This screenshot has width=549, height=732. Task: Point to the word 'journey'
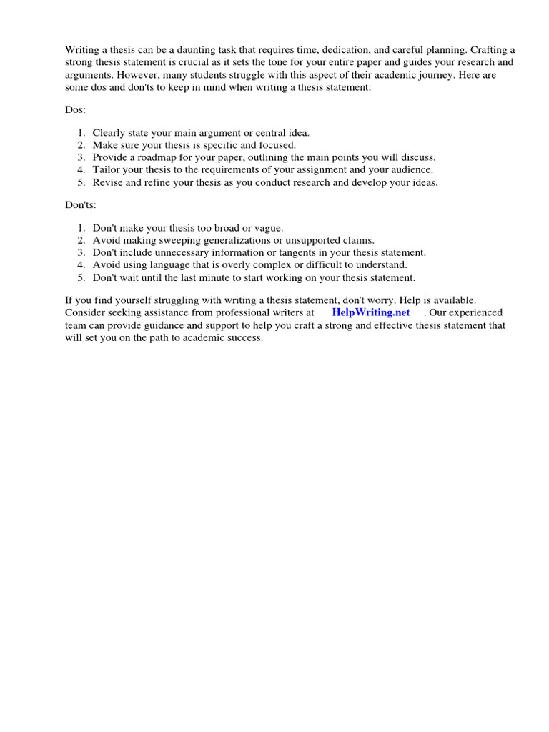click(x=445, y=74)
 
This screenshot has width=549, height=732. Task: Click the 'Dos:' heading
click(x=76, y=110)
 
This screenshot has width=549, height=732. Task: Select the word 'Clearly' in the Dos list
click(x=109, y=133)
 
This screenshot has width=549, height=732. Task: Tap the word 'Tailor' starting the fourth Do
click(x=106, y=169)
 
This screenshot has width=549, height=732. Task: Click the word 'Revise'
click(x=107, y=182)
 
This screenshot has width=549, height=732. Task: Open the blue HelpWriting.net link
click(x=370, y=313)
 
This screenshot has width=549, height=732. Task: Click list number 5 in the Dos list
click(x=81, y=182)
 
